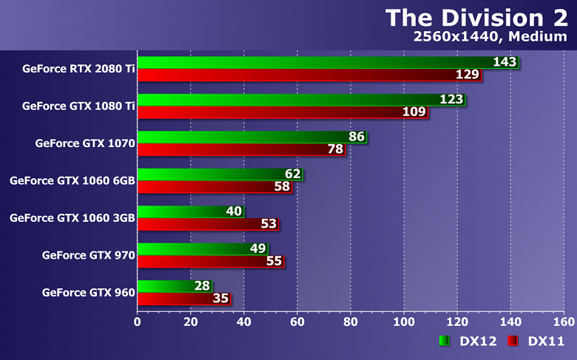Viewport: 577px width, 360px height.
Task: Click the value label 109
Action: [x=414, y=112]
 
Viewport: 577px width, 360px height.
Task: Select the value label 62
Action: [x=293, y=174]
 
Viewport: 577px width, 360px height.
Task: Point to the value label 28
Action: [x=203, y=286]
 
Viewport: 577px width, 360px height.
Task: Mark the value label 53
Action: [x=269, y=224]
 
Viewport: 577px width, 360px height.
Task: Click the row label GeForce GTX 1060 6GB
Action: [x=72, y=180]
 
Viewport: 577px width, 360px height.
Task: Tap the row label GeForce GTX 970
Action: [x=88, y=255]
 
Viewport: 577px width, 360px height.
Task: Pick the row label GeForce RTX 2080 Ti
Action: [x=78, y=69]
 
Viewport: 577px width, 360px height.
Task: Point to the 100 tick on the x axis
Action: [x=404, y=322]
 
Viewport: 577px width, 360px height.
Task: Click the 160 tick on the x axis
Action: [x=564, y=322]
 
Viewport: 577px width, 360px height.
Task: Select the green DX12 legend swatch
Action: [x=445, y=341]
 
